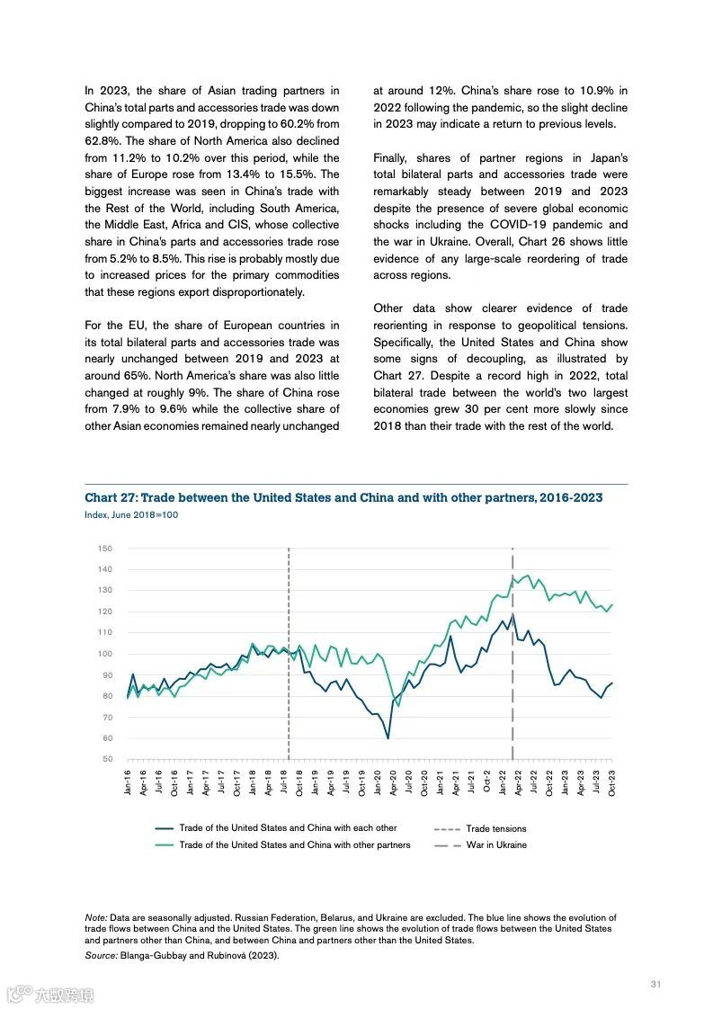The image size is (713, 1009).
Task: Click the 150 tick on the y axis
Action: coord(105,549)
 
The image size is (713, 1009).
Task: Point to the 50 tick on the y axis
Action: coord(107,760)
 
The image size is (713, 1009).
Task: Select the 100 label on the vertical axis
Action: coord(105,654)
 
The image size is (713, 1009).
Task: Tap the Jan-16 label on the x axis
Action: coord(128,782)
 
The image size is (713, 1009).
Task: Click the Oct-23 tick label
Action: coord(612,782)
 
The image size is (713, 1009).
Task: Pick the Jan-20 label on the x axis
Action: coord(378,782)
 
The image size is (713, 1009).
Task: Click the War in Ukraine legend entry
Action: coord(496,845)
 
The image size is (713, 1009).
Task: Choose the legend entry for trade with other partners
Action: coord(294,845)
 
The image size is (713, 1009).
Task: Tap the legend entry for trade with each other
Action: coord(288,828)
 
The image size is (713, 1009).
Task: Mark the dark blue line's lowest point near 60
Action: coord(388,737)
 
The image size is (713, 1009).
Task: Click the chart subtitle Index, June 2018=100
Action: coord(131,515)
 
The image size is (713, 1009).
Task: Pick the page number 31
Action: coord(655,984)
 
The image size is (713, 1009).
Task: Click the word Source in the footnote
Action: coord(101,955)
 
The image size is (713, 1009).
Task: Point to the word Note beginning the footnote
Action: coord(95,917)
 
